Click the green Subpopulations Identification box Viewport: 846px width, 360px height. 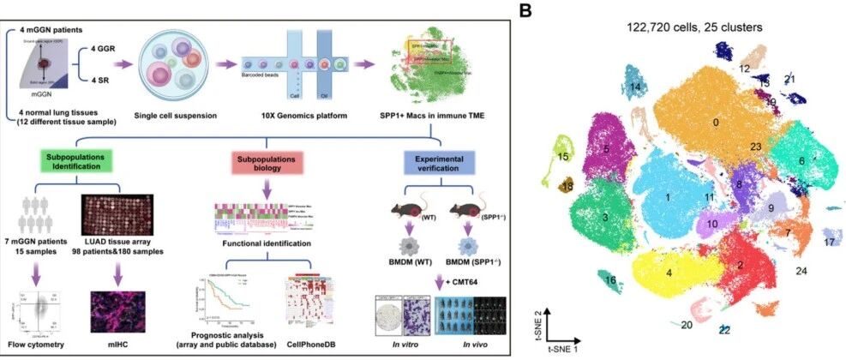click(x=75, y=163)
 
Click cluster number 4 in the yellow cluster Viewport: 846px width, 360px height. click(x=667, y=272)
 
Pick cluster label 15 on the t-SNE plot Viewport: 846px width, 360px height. click(x=562, y=157)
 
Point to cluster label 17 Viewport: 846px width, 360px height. click(x=829, y=243)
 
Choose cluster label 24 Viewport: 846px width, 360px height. click(x=801, y=271)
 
